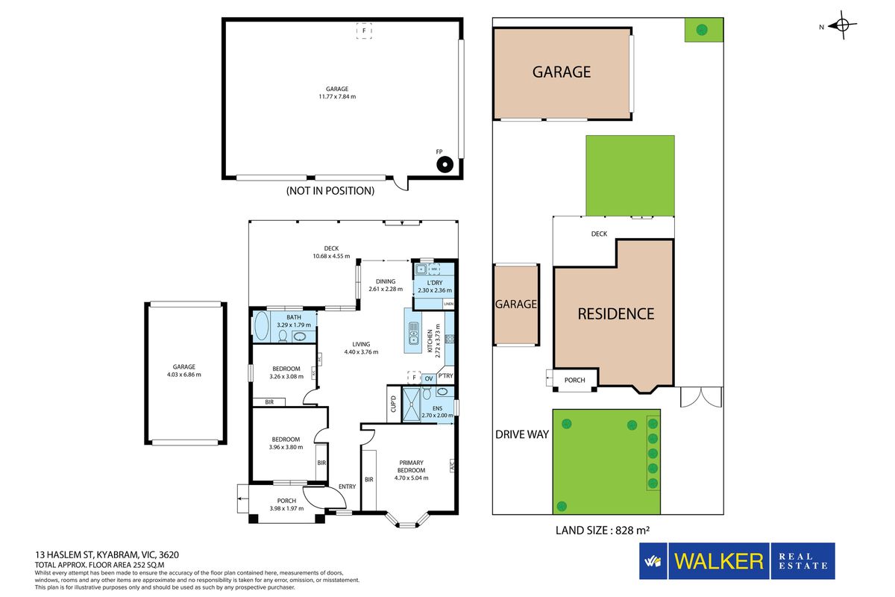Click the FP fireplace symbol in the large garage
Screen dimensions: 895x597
coord(445,164)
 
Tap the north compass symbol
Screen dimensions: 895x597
coord(842,25)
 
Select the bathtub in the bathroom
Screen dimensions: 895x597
coord(261,326)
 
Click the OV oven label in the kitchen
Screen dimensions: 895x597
coord(429,378)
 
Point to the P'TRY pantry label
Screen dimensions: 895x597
coord(445,375)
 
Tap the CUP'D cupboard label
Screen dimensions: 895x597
coord(393,404)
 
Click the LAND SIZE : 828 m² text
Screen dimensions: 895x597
coord(602,531)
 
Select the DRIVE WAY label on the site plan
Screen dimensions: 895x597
coord(522,434)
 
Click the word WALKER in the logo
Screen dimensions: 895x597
coord(718,561)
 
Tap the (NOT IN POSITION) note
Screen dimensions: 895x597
coord(330,191)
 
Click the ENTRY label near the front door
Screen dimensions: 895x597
coord(348,487)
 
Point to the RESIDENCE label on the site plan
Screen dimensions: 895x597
coord(616,314)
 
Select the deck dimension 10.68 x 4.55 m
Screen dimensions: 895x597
coord(331,256)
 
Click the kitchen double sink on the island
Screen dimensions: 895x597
coord(413,334)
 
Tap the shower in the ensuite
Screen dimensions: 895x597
coord(411,404)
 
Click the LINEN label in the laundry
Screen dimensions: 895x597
coord(449,304)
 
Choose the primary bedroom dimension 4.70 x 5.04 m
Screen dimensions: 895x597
coord(411,478)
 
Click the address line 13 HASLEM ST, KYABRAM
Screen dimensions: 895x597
coord(107,554)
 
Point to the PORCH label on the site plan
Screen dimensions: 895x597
coord(574,381)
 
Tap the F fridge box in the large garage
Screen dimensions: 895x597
coord(364,31)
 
